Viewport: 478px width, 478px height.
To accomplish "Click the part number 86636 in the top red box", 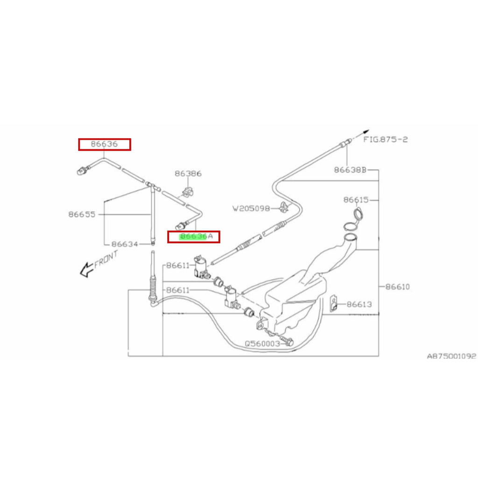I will [104, 145].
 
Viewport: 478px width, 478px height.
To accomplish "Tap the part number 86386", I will [188, 174].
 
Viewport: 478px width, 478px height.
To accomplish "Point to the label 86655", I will [82, 214].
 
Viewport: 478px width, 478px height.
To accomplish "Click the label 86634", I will [125, 244].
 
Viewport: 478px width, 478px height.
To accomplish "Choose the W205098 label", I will [251, 209].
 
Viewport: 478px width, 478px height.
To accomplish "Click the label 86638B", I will [350, 170].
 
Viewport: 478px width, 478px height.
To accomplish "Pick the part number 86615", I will [356, 200].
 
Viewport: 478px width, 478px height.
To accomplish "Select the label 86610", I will [397, 287].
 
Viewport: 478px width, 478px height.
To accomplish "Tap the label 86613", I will [359, 305].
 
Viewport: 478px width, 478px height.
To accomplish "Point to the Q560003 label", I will [262, 344].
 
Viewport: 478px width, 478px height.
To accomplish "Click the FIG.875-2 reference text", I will [386, 140].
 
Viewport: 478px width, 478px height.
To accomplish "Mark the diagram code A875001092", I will [451, 356].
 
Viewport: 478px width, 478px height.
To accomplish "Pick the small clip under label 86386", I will [188, 191].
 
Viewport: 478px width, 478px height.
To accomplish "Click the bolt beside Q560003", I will [287, 341].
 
